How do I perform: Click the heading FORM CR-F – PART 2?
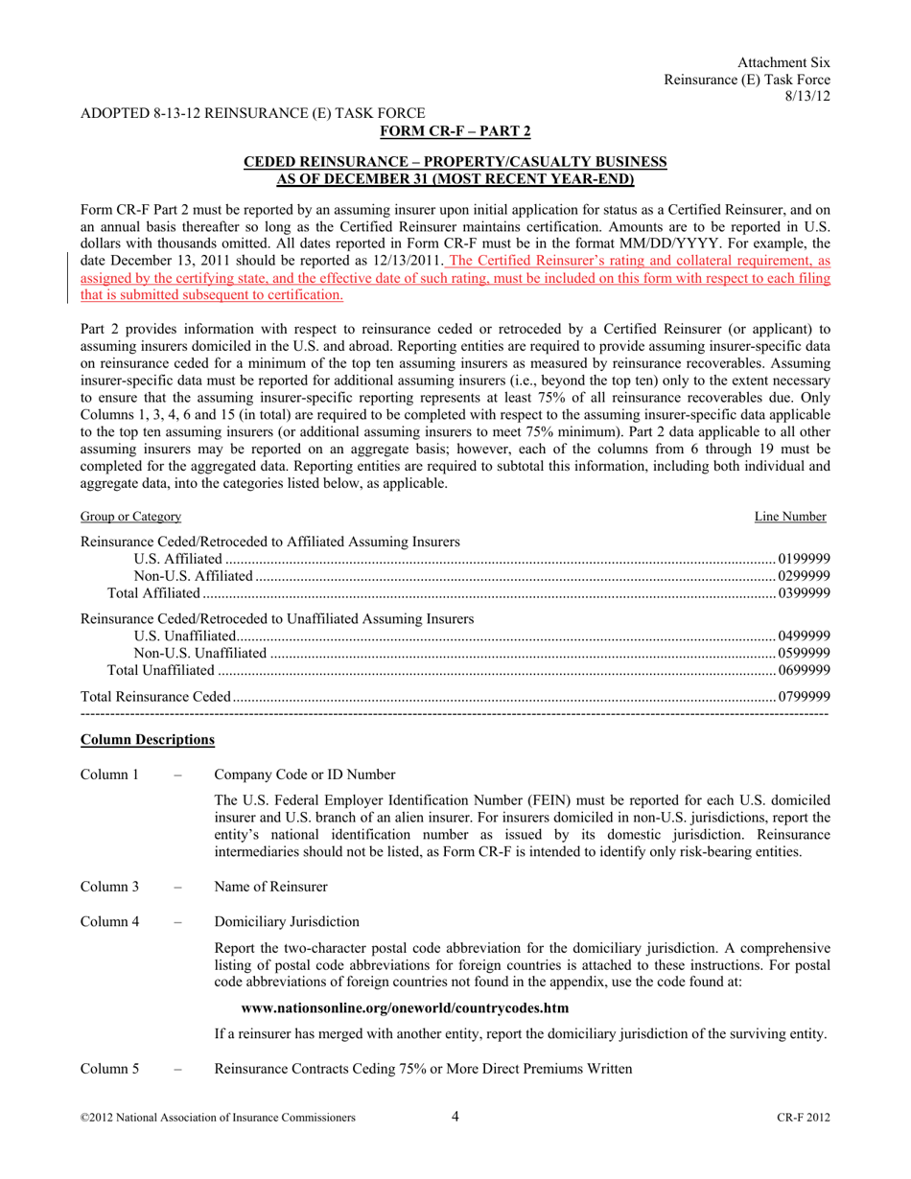click(x=455, y=130)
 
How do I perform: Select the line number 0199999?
click(x=805, y=559)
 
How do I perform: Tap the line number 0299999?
click(x=805, y=575)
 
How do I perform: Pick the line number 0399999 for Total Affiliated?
click(x=805, y=592)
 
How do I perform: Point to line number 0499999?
click(x=805, y=636)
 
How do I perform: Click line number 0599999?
click(x=805, y=653)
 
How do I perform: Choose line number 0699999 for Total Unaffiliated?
click(x=805, y=669)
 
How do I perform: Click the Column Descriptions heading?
click(x=148, y=740)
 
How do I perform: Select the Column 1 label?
click(x=111, y=774)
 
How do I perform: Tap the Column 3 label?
click(x=111, y=887)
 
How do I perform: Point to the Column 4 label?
click(x=111, y=922)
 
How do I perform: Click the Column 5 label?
click(x=111, y=1069)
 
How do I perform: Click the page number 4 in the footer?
click(x=455, y=1116)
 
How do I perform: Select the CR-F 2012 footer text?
click(x=804, y=1118)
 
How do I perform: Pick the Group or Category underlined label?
click(x=130, y=517)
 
